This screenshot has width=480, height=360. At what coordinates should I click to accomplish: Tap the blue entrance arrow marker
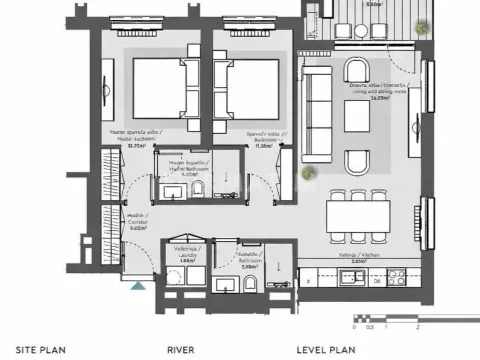pos(137,286)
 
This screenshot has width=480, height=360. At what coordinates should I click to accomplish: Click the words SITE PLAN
pos(34,350)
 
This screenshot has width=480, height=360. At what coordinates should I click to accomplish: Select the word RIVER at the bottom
pos(180,350)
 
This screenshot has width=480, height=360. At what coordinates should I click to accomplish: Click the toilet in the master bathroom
pos(198,191)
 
